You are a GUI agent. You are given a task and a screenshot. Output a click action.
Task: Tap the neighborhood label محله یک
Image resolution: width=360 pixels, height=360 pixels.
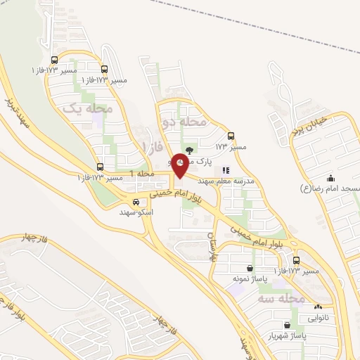[x=89, y=109]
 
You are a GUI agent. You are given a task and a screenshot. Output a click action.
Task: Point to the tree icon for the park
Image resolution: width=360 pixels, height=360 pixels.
[x=188, y=150]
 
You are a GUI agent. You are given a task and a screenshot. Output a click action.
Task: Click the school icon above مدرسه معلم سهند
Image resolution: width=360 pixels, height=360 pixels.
[x=225, y=169]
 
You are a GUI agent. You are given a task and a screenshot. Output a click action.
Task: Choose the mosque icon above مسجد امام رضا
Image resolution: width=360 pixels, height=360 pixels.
[x=330, y=178]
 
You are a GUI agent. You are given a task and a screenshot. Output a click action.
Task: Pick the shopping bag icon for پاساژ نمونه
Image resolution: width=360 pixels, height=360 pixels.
[x=250, y=268]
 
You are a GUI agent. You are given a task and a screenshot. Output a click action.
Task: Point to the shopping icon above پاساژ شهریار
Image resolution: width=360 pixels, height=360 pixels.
[x=288, y=325]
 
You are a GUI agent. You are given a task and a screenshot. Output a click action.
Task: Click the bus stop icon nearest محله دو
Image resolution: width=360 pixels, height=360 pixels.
[x=231, y=136]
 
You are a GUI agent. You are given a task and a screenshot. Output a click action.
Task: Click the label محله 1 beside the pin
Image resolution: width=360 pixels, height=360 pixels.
[x=143, y=174]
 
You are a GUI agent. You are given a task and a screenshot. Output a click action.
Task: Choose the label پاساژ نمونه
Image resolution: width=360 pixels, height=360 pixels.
[x=250, y=279]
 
